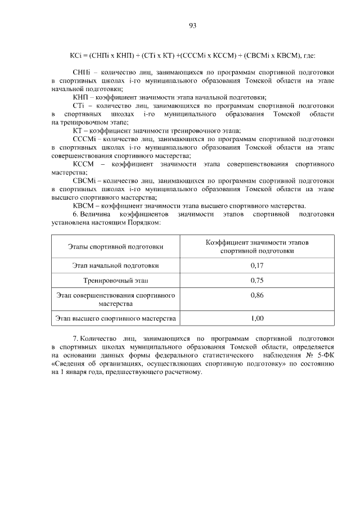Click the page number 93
[x=192, y=25]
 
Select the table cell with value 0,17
[x=257, y=265]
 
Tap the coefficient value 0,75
[x=257, y=280]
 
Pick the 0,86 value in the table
[x=257, y=295]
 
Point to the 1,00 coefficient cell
[x=257, y=319]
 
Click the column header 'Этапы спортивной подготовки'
[x=116, y=246]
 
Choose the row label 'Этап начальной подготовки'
[x=116, y=265]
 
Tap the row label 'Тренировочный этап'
[x=116, y=280]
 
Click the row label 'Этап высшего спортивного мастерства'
[x=116, y=319]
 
